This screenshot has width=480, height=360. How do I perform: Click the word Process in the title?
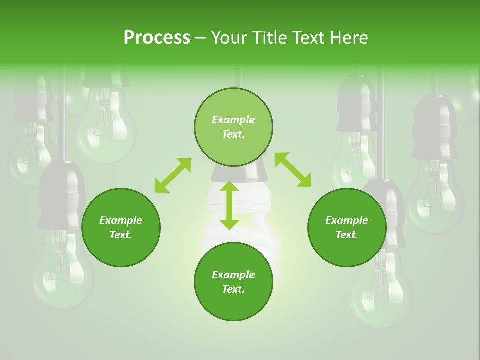[157, 38]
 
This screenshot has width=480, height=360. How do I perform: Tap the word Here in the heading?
[348, 38]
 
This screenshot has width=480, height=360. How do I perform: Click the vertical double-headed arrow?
[229, 206]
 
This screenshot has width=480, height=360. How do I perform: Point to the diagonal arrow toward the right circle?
[293, 170]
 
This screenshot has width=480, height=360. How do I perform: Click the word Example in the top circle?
[233, 120]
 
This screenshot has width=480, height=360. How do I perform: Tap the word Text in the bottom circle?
[233, 289]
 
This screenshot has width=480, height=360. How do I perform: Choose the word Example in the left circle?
[121, 220]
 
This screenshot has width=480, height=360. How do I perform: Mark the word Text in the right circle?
[346, 235]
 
